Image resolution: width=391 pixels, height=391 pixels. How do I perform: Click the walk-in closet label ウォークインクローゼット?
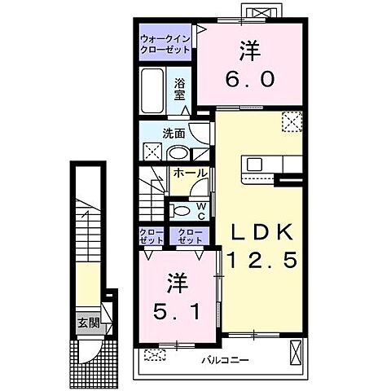[165, 44]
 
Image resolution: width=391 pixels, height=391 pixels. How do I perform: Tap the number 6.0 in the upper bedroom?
[250, 78]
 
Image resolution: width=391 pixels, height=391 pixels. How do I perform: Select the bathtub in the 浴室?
[152, 90]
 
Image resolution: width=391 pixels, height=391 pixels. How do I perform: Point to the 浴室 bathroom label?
[179, 90]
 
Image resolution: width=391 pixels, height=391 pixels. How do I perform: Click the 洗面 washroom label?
[174, 134]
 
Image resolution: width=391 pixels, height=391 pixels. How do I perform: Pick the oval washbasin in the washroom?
[178, 154]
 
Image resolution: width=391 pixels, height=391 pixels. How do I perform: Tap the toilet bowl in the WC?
[180, 211]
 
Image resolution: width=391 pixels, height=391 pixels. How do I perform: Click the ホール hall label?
[190, 174]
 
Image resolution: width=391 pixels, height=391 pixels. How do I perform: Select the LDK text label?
[261, 232]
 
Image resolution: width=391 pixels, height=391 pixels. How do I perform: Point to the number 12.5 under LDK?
[262, 260]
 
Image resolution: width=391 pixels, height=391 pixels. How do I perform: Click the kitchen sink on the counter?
[254, 164]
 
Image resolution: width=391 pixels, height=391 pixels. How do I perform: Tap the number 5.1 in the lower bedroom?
[177, 311]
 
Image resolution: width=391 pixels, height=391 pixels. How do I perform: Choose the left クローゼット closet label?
[152, 236]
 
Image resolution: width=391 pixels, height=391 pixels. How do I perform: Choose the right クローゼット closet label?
[190, 236]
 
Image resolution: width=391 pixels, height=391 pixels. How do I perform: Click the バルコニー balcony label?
[226, 361]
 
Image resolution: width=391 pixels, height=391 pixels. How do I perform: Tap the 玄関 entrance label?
[89, 323]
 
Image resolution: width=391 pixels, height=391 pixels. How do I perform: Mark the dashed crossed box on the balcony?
[155, 354]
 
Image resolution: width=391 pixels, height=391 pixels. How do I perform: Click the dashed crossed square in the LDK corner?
[292, 121]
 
